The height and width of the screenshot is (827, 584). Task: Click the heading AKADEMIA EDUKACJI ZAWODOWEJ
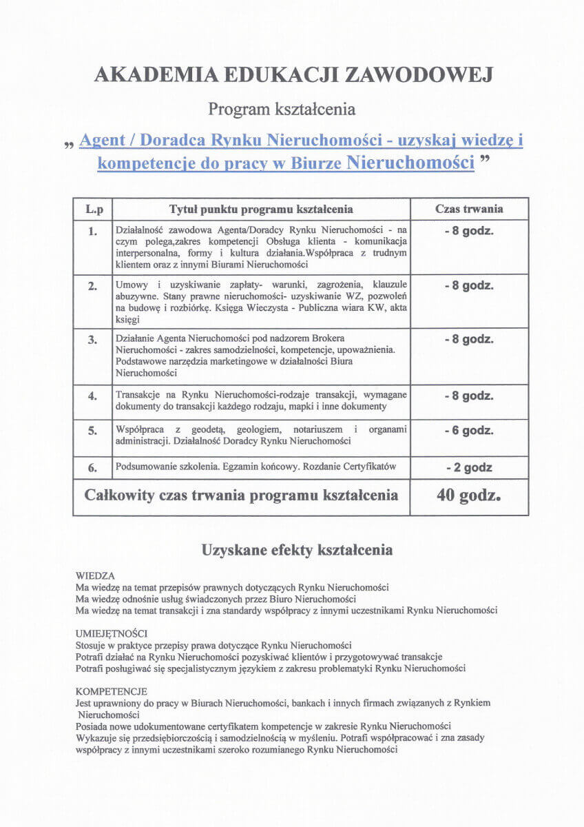pyautogui.click(x=292, y=75)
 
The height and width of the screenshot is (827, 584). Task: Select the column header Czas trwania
pyautogui.click(x=469, y=209)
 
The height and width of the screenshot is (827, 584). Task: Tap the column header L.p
pyautogui.click(x=93, y=209)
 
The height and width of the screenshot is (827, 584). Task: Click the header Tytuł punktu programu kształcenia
pyautogui.click(x=261, y=209)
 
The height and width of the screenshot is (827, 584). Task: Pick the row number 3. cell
pyautogui.click(x=93, y=340)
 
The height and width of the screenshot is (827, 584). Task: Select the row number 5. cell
pyautogui.click(x=93, y=431)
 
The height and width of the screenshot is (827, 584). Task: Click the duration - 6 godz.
pyautogui.click(x=469, y=431)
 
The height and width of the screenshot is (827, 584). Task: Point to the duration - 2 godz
pyautogui.click(x=469, y=467)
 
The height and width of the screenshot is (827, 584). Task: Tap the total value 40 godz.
pyautogui.click(x=469, y=496)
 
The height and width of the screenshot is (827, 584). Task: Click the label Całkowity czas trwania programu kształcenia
pyautogui.click(x=241, y=496)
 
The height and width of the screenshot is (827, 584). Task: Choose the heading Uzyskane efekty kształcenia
pyautogui.click(x=297, y=550)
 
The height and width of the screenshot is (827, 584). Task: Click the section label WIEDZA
pyautogui.click(x=95, y=575)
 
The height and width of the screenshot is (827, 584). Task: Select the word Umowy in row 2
pyautogui.click(x=131, y=285)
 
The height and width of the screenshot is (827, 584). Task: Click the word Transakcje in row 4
pyautogui.click(x=138, y=395)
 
